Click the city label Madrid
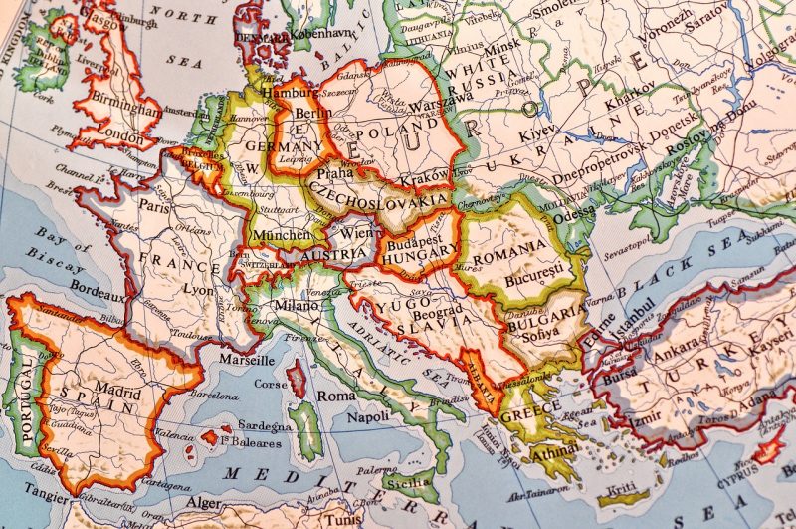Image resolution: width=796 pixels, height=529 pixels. click(x=117, y=392)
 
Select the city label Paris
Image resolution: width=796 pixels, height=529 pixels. click(x=152, y=207)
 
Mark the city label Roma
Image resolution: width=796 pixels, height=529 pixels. click(x=336, y=395)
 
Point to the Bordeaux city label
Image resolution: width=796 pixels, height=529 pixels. click(x=98, y=296)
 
